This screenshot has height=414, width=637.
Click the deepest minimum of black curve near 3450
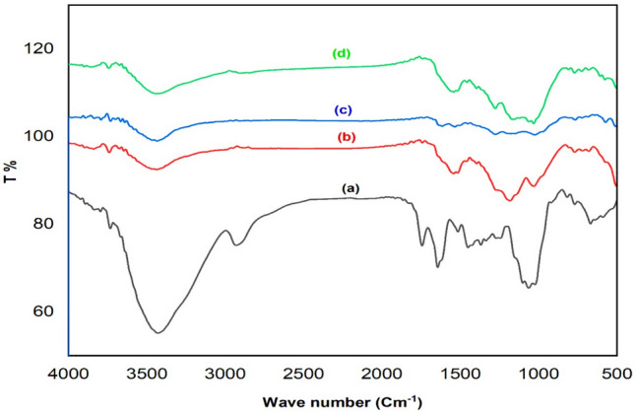(x=158, y=332)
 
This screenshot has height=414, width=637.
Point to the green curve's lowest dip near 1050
(x=532, y=122)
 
